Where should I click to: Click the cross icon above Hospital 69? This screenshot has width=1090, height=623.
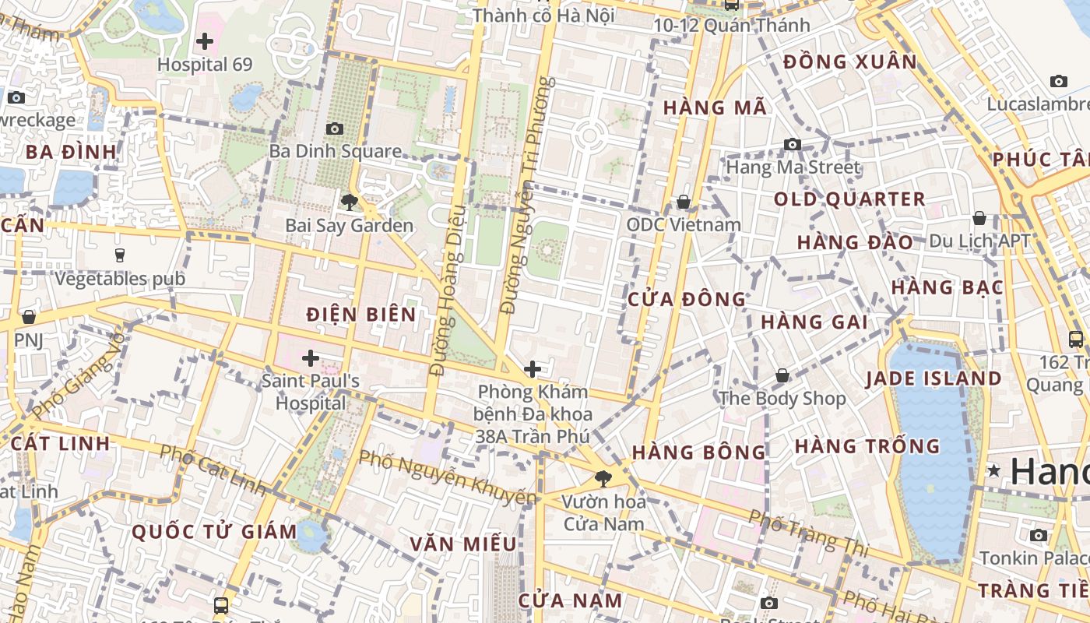click(x=205, y=40)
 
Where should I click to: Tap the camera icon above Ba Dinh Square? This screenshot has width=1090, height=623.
click(x=335, y=128)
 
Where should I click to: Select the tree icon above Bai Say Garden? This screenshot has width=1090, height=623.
click(x=349, y=202)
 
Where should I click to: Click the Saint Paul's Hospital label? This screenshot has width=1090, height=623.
click(x=311, y=392)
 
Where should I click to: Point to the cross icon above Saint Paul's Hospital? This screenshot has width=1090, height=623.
click(x=311, y=358)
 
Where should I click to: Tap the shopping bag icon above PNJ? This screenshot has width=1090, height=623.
click(x=29, y=317)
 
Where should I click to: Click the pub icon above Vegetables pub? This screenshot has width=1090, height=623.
click(x=120, y=255)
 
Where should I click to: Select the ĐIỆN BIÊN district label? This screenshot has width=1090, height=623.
click(x=361, y=315)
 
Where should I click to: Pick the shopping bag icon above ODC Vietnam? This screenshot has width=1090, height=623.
click(x=684, y=202)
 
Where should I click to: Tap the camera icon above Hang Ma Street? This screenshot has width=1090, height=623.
click(x=793, y=144)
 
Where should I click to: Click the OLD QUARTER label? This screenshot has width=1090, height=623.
click(x=849, y=199)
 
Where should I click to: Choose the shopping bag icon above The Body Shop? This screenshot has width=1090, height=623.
click(x=782, y=375)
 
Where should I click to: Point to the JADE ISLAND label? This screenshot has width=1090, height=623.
click(x=934, y=379)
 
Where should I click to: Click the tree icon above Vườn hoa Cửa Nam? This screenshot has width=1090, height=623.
click(x=603, y=478)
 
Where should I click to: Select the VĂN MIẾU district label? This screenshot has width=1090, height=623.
click(x=463, y=544)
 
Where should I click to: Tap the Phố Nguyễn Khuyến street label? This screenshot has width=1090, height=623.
click(x=448, y=476)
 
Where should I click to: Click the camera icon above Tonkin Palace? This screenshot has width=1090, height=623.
click(x=1039, y=535)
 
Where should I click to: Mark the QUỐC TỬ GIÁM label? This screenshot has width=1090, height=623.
click(x=214, y=532)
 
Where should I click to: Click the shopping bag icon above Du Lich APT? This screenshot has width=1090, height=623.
click(x=979, y=218)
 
